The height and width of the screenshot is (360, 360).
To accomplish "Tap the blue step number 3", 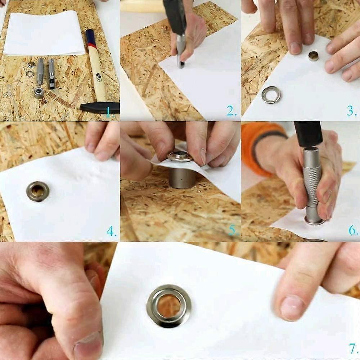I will pos(351,111).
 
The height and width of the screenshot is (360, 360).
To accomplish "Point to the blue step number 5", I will pos(232,230).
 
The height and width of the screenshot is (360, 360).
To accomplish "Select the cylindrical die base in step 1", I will pos(39,92).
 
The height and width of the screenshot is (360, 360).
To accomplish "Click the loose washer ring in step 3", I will pos(271,95).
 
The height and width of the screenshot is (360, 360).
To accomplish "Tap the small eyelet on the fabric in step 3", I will pos(313,56).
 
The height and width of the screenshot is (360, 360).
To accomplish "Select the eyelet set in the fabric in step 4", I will pos(37,191).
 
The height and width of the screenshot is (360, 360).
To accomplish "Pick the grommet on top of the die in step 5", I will pos(180,156).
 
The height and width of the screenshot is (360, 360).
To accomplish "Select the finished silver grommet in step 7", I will pos(168,306).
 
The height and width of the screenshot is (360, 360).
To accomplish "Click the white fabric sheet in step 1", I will pos(43,32).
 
